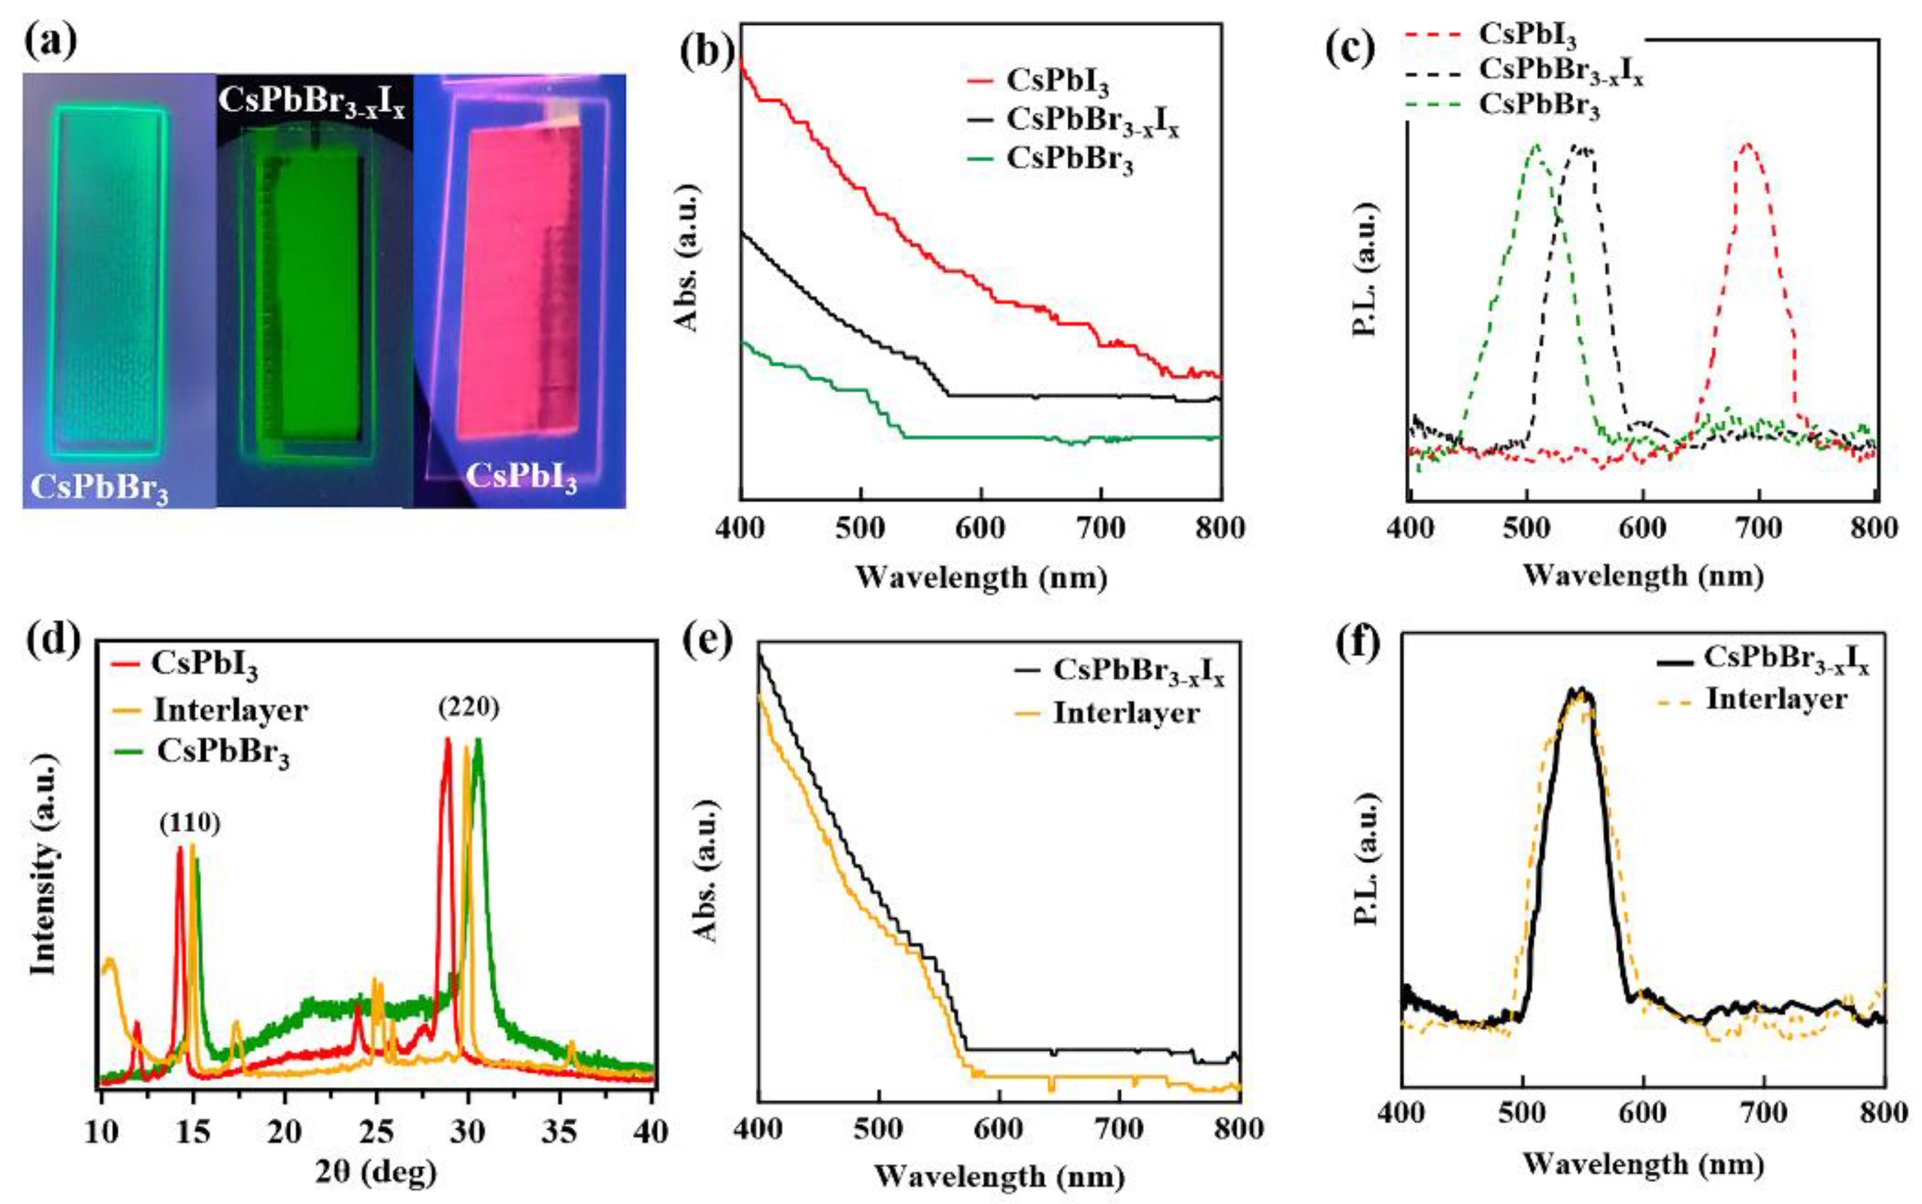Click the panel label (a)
click(49, 42)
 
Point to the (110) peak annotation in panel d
click(190, 823)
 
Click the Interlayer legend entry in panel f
click(1776, 699)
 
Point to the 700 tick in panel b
click(1101, 528)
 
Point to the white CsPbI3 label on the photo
click(521, 478)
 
